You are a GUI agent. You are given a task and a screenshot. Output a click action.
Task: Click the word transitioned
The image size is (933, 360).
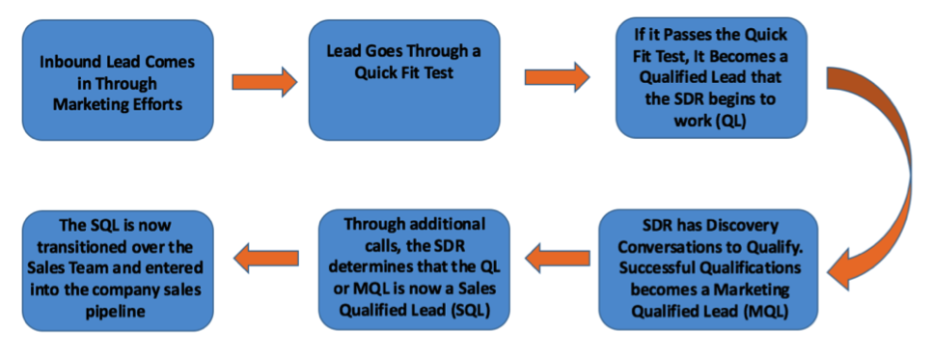click(x=83, y=248)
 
